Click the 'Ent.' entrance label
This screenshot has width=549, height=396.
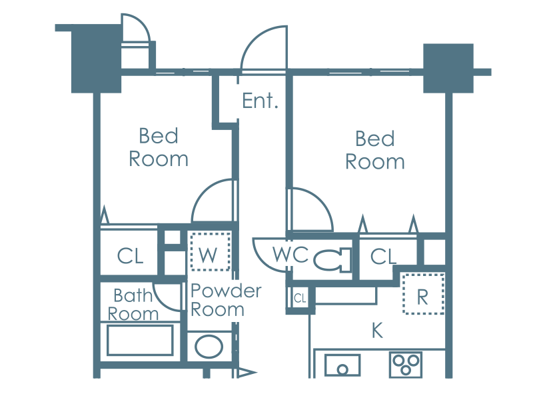pos(260,101)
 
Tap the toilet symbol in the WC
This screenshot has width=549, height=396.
pos(332,260)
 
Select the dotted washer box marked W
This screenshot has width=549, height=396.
pos(210,251)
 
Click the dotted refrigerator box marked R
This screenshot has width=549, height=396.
pos(423,294)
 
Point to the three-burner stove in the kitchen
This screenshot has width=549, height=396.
pos(406,365)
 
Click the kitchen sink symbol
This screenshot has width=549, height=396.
pos(342,365)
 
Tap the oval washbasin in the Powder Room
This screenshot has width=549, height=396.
pos(209,347)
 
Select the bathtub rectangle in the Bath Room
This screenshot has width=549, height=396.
pos(140,340)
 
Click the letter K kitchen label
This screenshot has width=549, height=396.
pos(377,331)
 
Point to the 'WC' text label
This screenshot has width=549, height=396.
pos(290,254)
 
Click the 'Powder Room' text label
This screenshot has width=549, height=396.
pos(226,300)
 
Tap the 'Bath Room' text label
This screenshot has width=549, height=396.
pos(133,305)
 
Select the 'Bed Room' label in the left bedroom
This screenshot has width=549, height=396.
pos(159,147)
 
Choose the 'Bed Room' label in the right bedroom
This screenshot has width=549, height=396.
pos(375,150)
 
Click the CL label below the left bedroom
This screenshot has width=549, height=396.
pos(130,256)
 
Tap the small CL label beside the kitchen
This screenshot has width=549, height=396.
pos(300,298)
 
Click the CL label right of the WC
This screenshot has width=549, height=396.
pos(383,257)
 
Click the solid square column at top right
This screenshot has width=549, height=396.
pos(448,69)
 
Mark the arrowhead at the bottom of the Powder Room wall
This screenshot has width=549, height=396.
pos(247,373)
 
